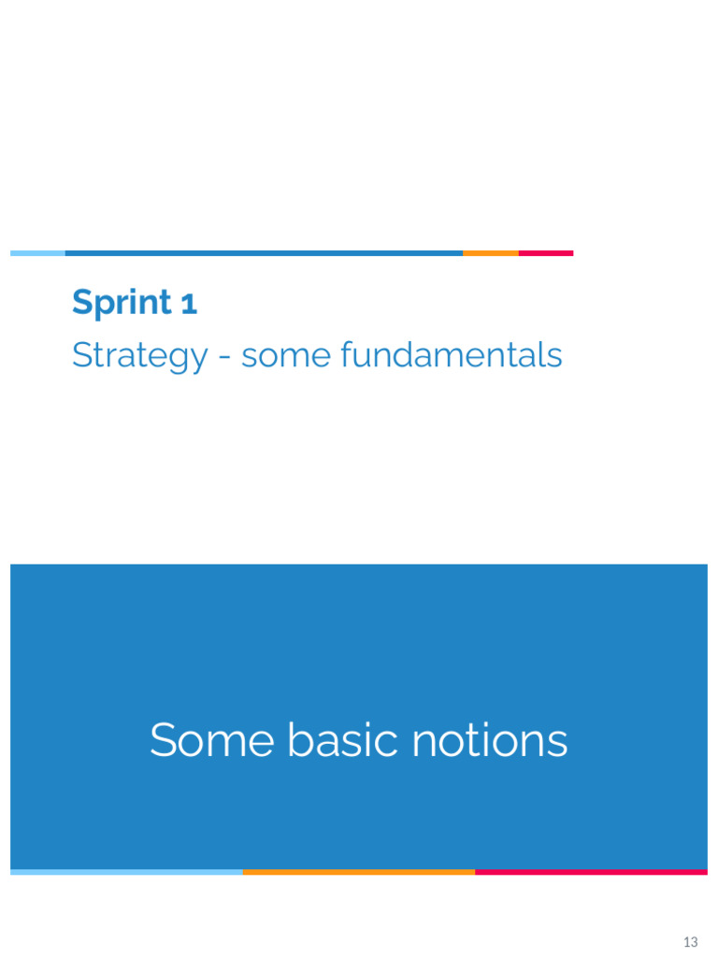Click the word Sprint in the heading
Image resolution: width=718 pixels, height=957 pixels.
click(x=122, y=304)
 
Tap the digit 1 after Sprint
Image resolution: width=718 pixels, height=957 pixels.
click(x=189, y=304)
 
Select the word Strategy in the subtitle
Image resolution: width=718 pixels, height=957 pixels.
click(x=139, y=356)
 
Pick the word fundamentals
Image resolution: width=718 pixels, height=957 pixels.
click(x=452, y=355)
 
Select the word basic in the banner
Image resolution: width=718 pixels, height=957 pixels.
click(x=331, y=741)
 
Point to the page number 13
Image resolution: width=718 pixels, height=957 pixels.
click(x=691, y=941)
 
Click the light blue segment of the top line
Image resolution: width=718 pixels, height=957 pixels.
click(x=37, y=253)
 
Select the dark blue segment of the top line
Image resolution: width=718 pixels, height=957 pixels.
click(x=264, y=253)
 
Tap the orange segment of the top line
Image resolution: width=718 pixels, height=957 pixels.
click(x=491, y=253)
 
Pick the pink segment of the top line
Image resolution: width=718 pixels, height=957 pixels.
click(x=546, y=253)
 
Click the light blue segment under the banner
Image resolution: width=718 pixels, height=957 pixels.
click(x=126, y=872)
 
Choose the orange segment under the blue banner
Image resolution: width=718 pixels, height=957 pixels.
click(x=359, y=872)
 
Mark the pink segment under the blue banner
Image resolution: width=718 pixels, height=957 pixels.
click(x=591, y=872)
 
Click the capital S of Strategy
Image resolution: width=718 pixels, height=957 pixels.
click(x=81, y=355)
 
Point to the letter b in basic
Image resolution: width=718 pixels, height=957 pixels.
click(x=297, y=740)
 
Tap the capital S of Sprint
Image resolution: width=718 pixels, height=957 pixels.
click(x=82, y=303)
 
